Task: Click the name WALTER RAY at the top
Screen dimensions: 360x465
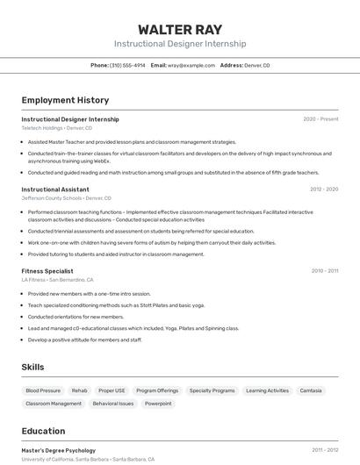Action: click(x=180, y=29)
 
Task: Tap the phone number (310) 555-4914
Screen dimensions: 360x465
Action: click(x=127, y=65)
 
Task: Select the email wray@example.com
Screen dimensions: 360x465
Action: click(x=191, y=65)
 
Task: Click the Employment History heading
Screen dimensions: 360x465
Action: click(x=65, y=100)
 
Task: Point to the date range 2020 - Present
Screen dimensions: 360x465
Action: click(x=320, y=119)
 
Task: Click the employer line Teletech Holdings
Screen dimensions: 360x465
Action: click(x=56, y=128)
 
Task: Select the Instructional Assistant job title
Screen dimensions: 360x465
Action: click(x=55, y=189)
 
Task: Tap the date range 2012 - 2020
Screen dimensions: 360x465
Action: click(x=323, y=189)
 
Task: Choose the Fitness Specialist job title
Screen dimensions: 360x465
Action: click(x=47, y=271)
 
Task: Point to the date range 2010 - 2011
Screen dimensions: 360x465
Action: click(x=324, y=271)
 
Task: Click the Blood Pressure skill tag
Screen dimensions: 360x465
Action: click(x=43, y=390)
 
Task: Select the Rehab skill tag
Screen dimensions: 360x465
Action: click(x=80, y=390)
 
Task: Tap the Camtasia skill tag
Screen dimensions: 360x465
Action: click(x=311, y=390)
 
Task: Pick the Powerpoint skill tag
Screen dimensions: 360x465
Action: click(x=159, y=404)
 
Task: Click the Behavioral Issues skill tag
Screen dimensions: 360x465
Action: click(x=113, y=404)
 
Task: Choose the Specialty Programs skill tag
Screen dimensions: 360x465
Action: click(x=212, y=390)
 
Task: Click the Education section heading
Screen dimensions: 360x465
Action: click(x=43, y=431)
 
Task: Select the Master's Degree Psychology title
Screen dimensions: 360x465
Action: click(x=59, y=450)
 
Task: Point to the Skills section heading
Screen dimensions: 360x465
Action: click(x=32, y=367)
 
